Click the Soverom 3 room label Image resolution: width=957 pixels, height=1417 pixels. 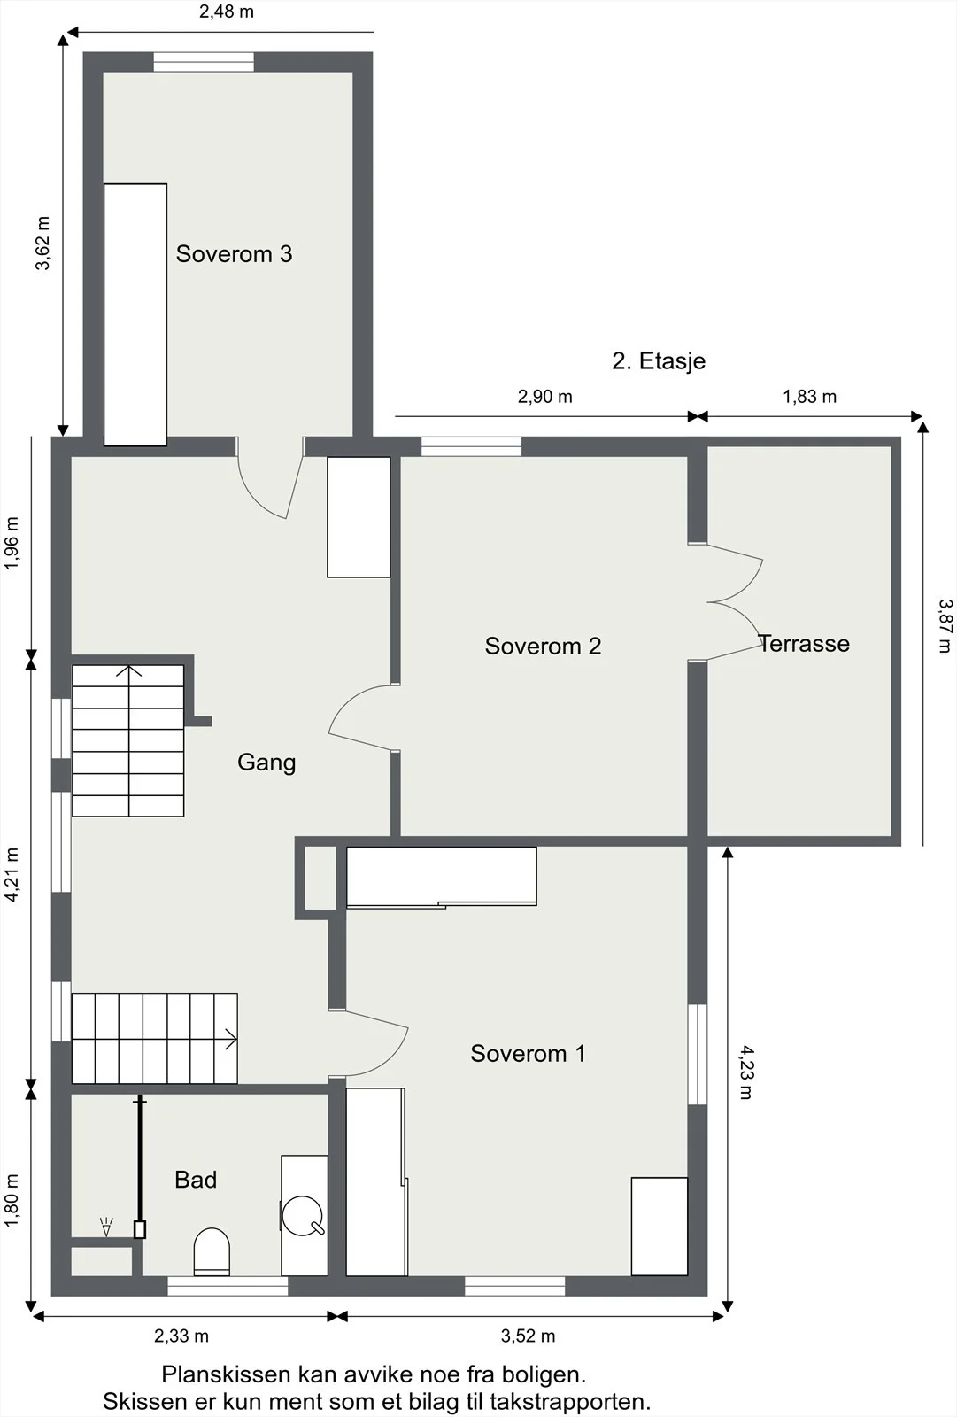234,253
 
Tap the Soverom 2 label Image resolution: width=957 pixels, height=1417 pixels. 543,646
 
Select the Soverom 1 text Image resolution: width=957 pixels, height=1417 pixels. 528,1053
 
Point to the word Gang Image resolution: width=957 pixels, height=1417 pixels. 266,763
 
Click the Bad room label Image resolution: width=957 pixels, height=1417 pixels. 196,1180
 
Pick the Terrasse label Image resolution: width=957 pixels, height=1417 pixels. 804,643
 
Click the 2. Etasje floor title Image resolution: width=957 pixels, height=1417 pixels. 659,360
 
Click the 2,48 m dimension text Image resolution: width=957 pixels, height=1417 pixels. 227,12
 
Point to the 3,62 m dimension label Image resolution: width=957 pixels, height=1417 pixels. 42,244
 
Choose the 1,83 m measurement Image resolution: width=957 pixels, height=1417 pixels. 810,397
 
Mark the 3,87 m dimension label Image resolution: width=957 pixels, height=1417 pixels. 945,625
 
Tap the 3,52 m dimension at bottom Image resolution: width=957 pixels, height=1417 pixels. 529,1336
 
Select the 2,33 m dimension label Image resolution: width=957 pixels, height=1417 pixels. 181,1336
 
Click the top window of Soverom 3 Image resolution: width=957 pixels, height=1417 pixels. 204,62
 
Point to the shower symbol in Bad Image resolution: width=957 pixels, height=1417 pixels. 106,1227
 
